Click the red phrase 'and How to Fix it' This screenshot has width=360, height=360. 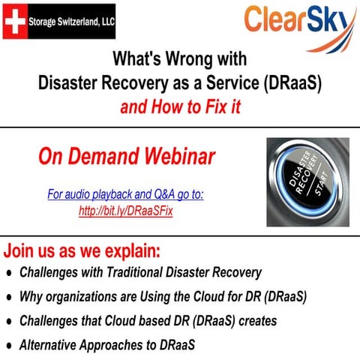(x=180, y=107)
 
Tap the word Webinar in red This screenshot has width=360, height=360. (x=178, y=156)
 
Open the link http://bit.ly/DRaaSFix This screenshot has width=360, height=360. (x=126, y=211)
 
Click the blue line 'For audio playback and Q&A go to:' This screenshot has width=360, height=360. (x=126, y=195)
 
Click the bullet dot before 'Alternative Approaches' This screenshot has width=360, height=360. (x=9, y=346)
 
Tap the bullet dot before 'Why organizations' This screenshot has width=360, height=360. (x=9, y=297)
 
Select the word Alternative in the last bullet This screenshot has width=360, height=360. (x=49, y=346)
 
